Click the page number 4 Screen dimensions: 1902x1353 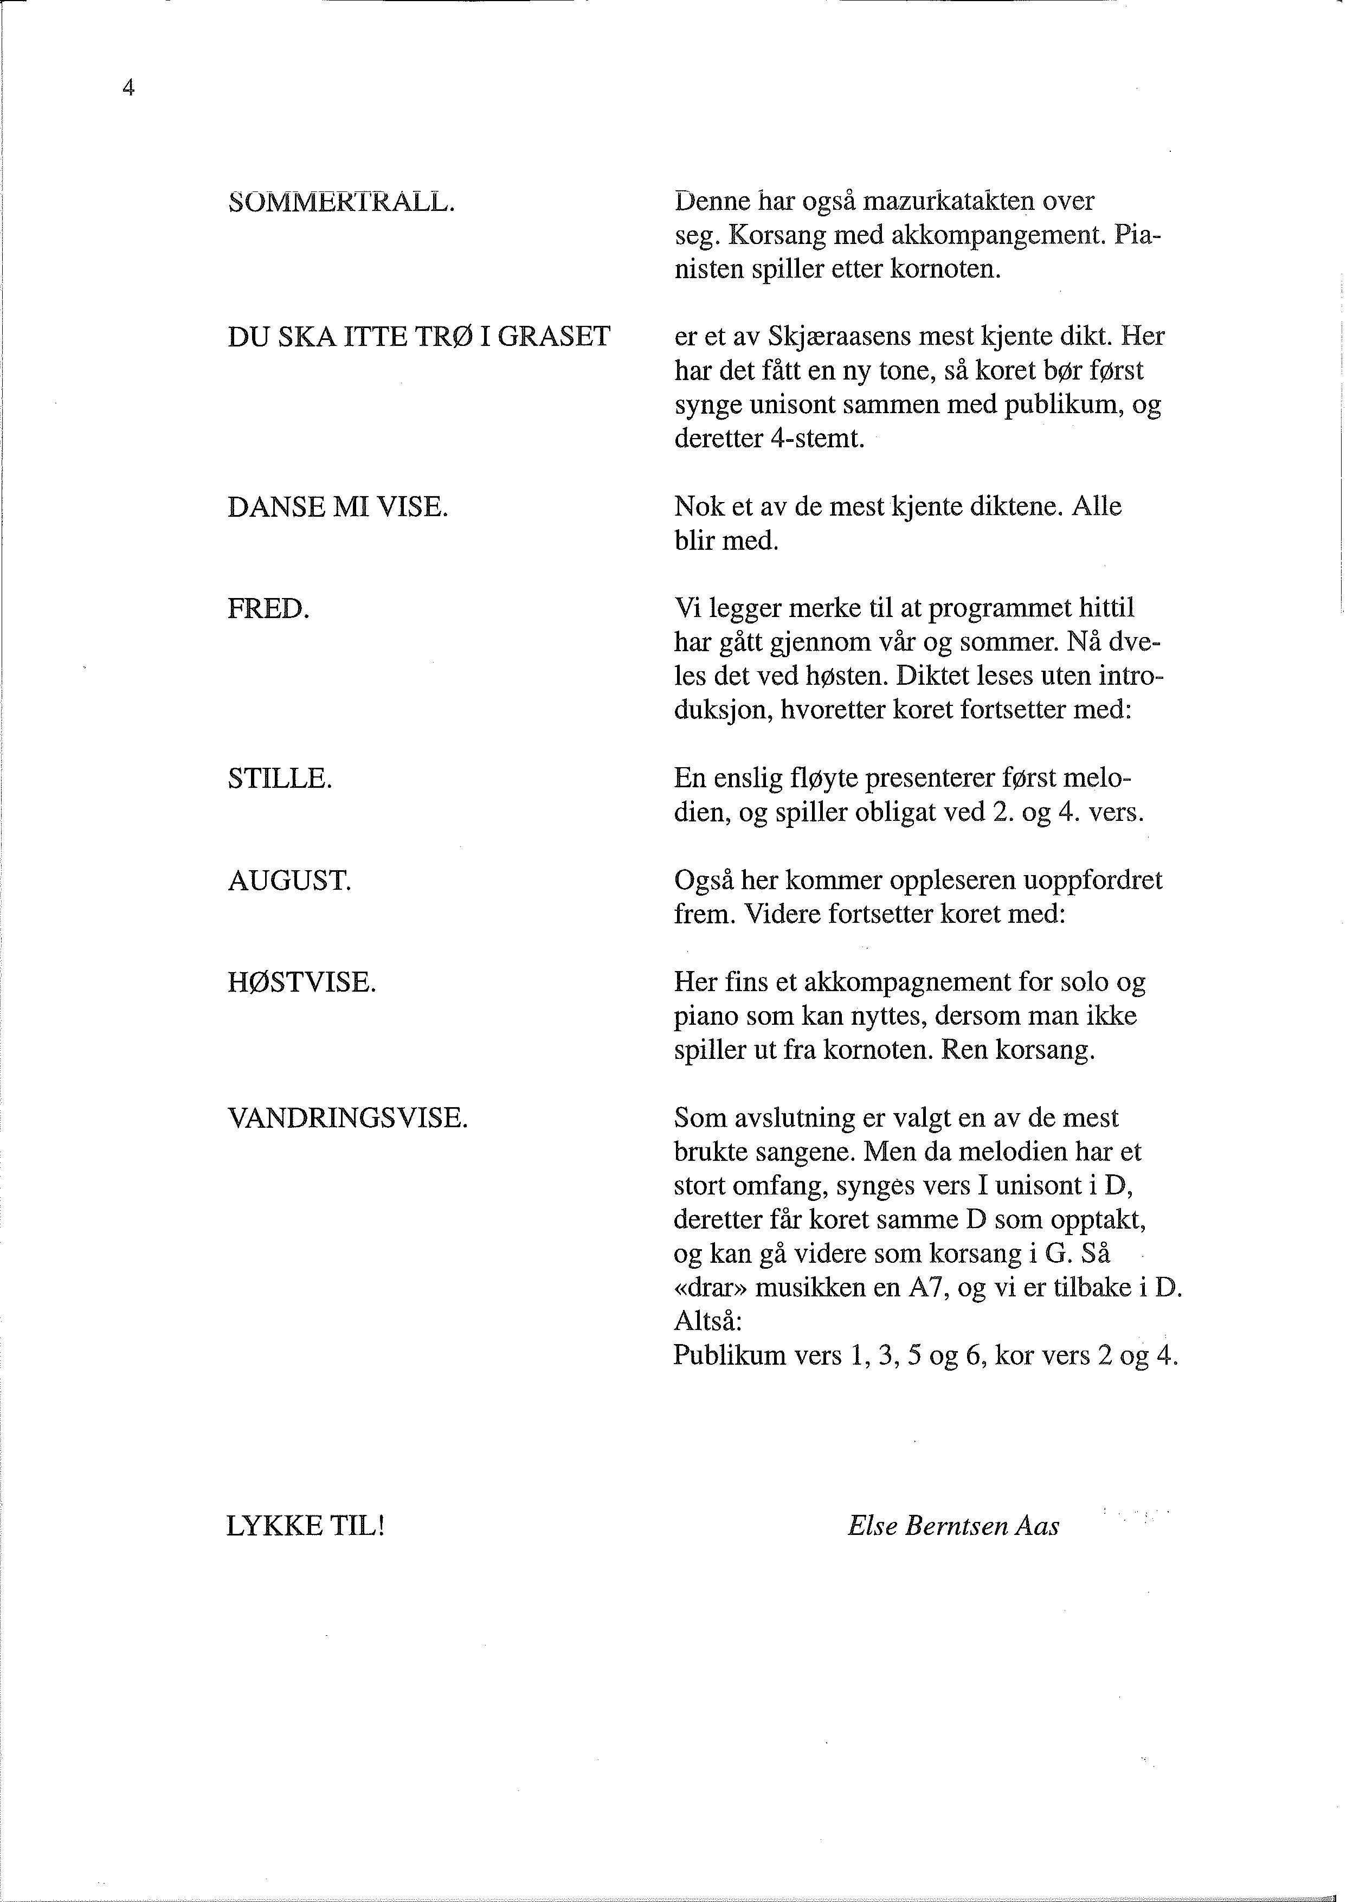(128, 87)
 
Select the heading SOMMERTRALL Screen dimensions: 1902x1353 (342, 202)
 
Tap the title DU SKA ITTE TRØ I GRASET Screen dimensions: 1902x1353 (419, 337)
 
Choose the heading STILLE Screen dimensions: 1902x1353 (280, 779)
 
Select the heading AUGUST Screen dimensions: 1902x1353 (290, 881)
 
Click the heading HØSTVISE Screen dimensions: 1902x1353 (301, 983)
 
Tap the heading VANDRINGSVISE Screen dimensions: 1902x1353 (347, 1118)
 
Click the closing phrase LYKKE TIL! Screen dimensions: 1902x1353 (305, 1526)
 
